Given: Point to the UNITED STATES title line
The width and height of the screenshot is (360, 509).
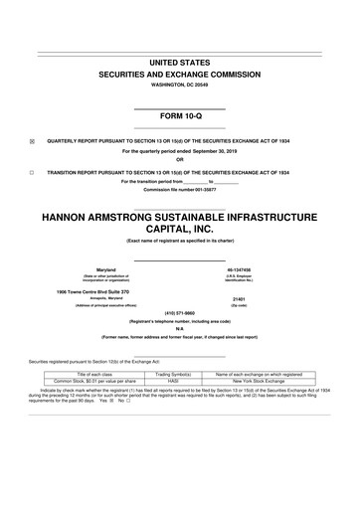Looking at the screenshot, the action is pyautogui.click(x=180, y=63).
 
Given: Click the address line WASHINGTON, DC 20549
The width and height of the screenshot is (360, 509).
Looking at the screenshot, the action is pyautogui.click(x=180, y=86).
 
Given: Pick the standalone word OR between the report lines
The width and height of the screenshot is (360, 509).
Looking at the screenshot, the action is pyautogui.click(x=180, y=161).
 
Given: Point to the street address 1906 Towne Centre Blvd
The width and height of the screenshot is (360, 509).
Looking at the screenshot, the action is pyautogui.click(x=84, y=290).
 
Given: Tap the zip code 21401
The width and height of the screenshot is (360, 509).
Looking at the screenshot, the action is pyautogui.click(x=266, y=298).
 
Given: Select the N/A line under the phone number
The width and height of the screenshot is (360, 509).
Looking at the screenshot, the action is pyautogui.click(x=180, y=329).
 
